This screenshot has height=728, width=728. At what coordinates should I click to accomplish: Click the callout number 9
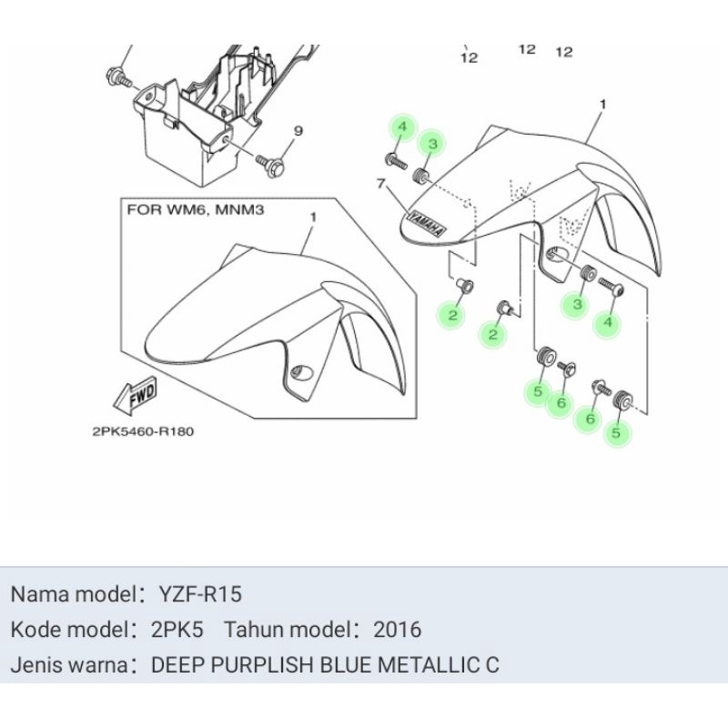[x=297, y=131]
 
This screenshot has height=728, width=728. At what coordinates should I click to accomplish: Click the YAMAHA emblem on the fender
[x=426, y=222]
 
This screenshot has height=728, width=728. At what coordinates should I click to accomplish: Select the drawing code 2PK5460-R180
[x=143, y=431]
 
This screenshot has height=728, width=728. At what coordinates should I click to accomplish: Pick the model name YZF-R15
[x=201, y=594]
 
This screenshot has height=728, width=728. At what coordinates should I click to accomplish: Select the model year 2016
[x=397, y=629]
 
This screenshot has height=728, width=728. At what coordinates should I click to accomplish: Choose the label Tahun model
[x=287, y=629]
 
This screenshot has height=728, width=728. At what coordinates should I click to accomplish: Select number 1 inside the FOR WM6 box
[x=313, y=218]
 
